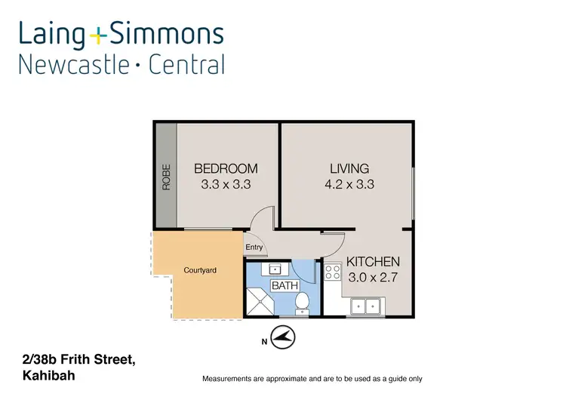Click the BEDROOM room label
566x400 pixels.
tap(226, 168)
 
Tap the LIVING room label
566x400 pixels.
tap(349, 168)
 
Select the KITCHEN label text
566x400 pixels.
tap(373, 262)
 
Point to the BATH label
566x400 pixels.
tap(285, 285)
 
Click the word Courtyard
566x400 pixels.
tap(200, 270)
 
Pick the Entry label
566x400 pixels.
tap(254, 248)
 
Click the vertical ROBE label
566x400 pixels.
tap(166, 177)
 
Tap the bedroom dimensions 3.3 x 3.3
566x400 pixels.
tap(226, 184)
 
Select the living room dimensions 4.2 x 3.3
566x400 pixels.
tap(349, 184)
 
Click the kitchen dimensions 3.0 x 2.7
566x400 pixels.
tap(373, 277)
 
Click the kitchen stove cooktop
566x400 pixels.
tap(332, 272)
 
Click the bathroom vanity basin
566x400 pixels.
tap(274, 268)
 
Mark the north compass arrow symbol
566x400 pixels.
tap(283, 337)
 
